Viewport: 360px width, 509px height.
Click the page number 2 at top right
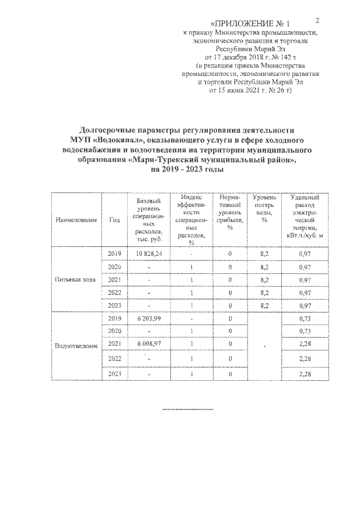(317, 21)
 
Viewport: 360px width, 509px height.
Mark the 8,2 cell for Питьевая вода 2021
(263, 280)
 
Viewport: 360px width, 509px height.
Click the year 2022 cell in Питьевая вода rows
(115, 292)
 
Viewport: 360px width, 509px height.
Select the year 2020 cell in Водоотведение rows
(115, 331)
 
